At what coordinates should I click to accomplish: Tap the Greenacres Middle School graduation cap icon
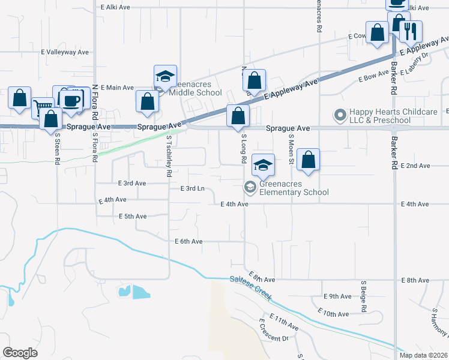pos(165,76)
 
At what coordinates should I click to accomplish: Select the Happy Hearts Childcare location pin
pos(340,114)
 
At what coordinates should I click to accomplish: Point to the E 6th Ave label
pos(188,241)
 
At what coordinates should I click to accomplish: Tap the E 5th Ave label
pos(133,216)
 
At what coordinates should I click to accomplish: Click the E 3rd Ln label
pos(193,188)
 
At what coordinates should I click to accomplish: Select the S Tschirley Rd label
pos(169,156)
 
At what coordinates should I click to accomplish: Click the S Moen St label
pos(290,149)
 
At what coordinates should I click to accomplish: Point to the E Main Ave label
pos(117,88)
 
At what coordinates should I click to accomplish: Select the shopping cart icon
pos(42,107)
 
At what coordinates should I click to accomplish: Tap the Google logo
pos(20,353)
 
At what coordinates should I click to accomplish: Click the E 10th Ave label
pos(336,314)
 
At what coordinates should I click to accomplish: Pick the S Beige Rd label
pos(364,296)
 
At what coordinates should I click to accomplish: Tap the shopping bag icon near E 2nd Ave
pos(308,160)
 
